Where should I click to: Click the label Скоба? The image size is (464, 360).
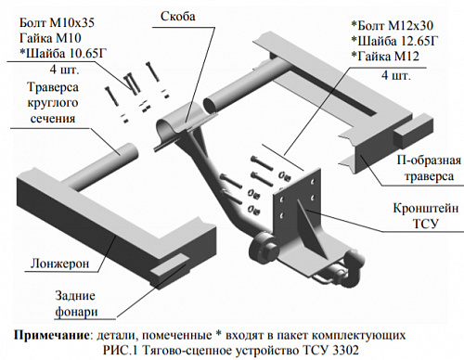point(178,17)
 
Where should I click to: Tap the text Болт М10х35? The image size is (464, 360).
point(57,23)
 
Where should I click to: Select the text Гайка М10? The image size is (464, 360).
point(50,38)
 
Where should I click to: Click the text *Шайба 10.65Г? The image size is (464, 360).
point(63,53)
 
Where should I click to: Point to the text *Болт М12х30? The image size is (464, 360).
point(393,25)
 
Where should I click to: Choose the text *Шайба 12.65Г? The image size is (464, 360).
point(395,41)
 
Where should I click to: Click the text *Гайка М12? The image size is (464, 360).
point(385,57)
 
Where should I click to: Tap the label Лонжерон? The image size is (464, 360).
point(59,264)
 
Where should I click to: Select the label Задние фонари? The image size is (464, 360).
point(75,303)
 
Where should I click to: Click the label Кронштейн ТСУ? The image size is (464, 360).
point(426,215)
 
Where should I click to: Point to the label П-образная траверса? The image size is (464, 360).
point(429,169)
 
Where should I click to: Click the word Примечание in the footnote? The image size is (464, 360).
point(51,336)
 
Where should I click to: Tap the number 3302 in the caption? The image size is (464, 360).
point(346,351)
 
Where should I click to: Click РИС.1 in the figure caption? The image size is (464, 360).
point(120,351)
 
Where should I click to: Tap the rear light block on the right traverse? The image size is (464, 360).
point(413,129)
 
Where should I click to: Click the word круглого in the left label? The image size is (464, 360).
point(53,103)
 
